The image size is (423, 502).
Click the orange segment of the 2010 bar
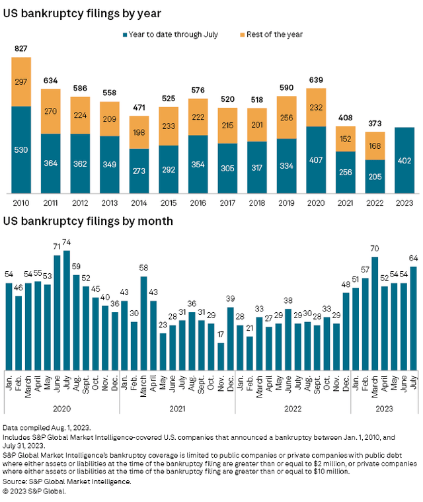(x=21, y=81)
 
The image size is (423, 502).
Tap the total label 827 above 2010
(x=21, y=49)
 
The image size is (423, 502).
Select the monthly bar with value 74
(x=66, y=310)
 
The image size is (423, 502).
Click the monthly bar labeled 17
(x=220, y=356)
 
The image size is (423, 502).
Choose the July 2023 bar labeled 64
(x=413, y=318)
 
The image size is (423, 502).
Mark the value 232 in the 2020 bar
(x=317, y=107)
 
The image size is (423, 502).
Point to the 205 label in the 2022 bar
(x=375, y=177)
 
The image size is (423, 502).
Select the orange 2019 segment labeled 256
(x=287, y=118)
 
